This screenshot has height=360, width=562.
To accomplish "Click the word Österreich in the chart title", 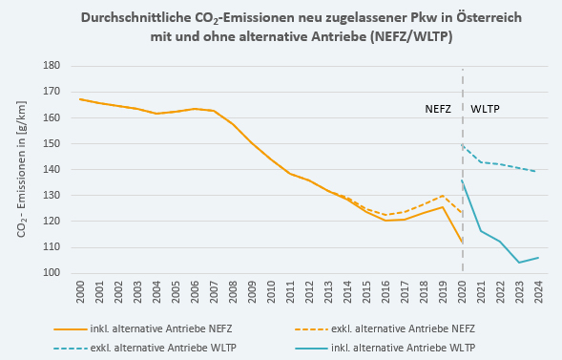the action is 489,17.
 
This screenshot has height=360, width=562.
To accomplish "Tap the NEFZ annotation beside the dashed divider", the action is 438,109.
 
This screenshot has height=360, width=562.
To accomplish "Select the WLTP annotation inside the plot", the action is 485,109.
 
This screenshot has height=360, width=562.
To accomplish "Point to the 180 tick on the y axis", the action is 52,66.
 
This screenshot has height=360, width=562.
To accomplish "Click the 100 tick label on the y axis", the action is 52,272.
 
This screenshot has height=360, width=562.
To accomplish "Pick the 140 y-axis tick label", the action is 52,169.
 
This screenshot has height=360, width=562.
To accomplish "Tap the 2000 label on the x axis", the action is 80,292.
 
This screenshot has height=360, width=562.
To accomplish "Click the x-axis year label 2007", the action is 214,292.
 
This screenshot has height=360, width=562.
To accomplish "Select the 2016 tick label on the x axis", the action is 386,292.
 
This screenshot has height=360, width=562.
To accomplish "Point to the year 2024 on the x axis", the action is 539,292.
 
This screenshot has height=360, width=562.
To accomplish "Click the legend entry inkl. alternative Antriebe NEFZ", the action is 143,328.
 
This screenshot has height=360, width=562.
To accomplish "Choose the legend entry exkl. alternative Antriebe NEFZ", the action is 385,328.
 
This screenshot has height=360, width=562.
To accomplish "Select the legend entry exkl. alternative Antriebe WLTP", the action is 145,348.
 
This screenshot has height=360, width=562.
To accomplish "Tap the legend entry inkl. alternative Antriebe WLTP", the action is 385,348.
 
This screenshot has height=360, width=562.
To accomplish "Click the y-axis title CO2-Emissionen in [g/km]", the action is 21,169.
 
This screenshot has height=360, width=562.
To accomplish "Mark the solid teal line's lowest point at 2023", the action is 519,263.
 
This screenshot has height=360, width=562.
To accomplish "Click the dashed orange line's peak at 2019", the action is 443,196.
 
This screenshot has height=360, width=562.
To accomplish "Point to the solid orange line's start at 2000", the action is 80,99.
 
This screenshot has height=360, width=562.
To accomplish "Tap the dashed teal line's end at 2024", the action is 535,171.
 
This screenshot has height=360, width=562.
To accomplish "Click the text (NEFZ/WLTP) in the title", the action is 411,36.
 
